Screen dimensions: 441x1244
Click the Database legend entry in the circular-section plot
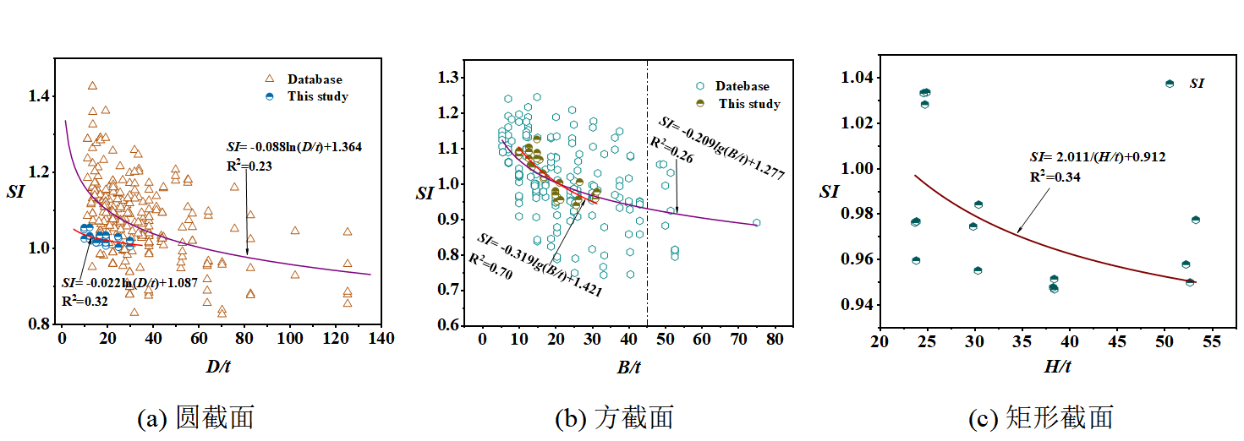click(314, 79)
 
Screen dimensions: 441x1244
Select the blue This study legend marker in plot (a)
click(269, 96)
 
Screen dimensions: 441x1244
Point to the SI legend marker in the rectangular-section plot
click(1170, 84)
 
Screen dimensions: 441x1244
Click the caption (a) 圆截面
click(195, 416)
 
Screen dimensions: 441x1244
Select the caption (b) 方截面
click(614, 416)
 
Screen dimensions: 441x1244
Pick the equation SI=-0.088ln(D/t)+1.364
click(294, 146)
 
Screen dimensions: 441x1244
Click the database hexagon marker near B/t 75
click(757, 223)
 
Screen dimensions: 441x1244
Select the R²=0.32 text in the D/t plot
click(85, 300)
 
